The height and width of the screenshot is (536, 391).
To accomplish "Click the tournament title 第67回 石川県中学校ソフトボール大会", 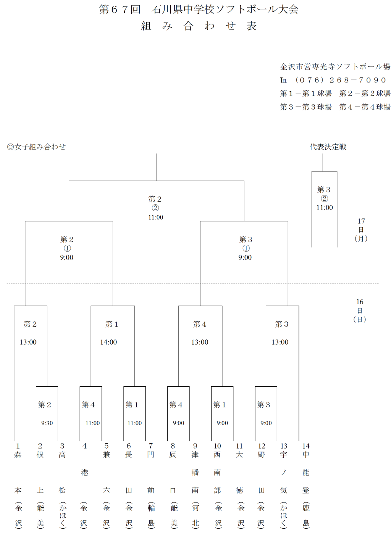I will point(199,9).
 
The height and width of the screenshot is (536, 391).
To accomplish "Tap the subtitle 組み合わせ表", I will point(199,26).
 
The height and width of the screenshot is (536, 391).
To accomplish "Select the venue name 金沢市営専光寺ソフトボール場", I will point(335,67).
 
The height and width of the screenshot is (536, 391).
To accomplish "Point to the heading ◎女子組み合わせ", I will point(36,147).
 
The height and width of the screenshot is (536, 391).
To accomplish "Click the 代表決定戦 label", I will point(328,147).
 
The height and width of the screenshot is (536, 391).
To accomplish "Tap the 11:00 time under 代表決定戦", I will point(325,208).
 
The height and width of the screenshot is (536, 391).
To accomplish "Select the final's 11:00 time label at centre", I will point(156,217).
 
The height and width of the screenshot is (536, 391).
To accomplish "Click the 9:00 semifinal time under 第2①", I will point(67,258).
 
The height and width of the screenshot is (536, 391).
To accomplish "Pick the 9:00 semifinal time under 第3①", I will point(245,258).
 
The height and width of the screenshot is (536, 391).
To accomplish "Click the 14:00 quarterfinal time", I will point(108,342).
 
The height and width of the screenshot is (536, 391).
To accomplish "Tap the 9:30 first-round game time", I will point(47,423).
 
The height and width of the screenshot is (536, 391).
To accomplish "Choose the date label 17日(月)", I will point(361,230).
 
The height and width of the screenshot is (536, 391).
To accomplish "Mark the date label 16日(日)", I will point(360,310).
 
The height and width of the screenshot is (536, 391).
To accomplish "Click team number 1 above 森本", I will point(18,446).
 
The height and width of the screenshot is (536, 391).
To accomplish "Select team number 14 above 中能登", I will point(306,446).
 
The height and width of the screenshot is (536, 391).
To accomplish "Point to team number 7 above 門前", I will point(151,446).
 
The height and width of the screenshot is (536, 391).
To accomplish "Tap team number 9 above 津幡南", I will point(195,446).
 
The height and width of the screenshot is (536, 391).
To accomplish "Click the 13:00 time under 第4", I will point(200,342).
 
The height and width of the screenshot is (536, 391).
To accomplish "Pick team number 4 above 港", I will point(84,446).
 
